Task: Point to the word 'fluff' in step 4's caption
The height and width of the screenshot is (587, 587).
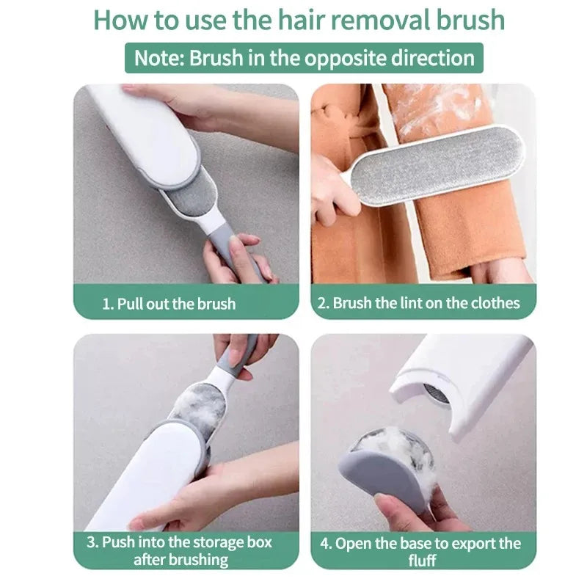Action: (423, 561)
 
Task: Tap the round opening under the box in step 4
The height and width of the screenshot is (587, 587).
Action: (435, 393)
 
